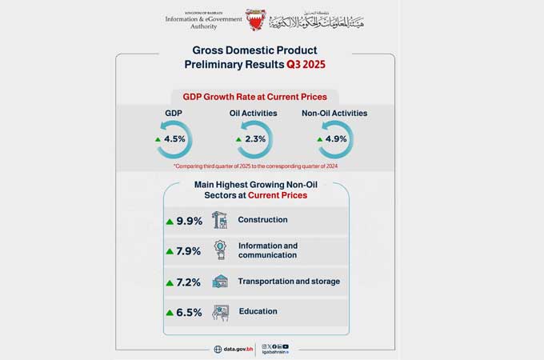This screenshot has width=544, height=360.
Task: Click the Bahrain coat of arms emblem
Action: click(255, 19)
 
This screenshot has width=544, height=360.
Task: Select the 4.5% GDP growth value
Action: click(174, 138)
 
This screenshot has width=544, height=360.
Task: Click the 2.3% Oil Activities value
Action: click(255, 138)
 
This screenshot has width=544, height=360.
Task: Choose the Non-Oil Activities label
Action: click(334, 114)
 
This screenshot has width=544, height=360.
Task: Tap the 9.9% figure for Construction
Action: click(189, 221)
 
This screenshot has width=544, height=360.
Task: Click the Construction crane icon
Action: click(219, 220)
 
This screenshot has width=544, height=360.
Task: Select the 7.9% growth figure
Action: click(189, 251)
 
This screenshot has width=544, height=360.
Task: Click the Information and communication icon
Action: click(219, 250)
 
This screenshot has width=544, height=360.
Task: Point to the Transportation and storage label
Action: click(289, 282)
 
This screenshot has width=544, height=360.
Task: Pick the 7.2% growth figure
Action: click(189, 282)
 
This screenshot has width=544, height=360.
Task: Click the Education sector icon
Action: click(219, 312)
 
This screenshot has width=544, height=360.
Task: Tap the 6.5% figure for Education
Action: click(189, 313)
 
